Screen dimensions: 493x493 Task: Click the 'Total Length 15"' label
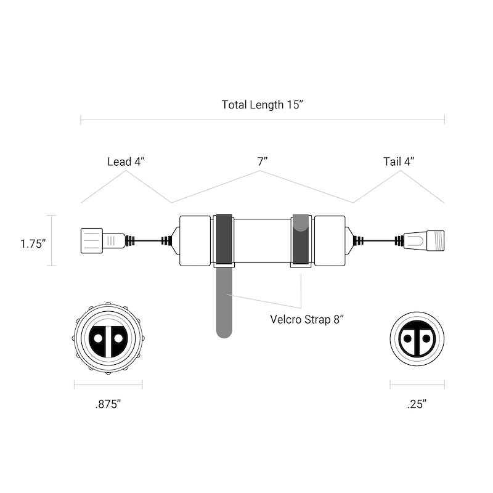click(263, 105)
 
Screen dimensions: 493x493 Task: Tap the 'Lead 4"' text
click(126, 161)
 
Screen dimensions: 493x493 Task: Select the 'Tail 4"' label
click(399, 161)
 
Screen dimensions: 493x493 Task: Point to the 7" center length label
click(263, 161)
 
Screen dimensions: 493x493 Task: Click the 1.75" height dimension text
click(33, 243)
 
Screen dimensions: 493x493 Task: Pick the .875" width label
click(108, 404)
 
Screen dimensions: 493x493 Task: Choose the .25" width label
click(417, 404)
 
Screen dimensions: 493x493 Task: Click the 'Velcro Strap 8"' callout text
click(306, 319)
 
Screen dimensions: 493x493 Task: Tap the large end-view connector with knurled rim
click(108, 338)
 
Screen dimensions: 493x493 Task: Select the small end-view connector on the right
click(417, 338)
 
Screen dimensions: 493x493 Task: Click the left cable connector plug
click(102, 240)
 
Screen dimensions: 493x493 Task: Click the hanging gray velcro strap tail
click(224, 305)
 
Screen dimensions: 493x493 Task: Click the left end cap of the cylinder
click(195, 240)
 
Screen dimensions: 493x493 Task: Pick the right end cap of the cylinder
click(329, 240)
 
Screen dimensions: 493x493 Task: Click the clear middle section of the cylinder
click(262, 240)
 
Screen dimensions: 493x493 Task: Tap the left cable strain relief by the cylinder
click(166, 240)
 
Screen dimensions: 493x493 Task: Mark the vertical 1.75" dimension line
click(52, 240)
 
